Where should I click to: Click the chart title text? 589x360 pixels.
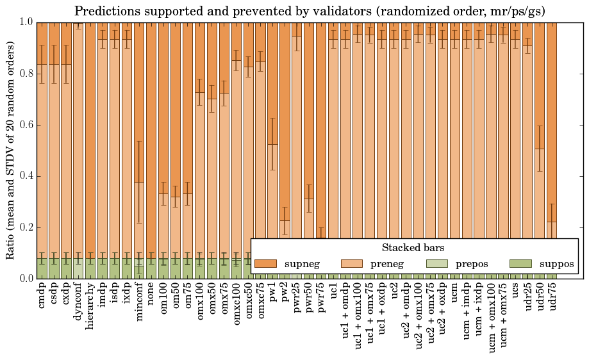tap(310, 11)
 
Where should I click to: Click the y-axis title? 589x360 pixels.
tap(11, 151)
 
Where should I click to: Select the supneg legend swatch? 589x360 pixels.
tap(265, 263)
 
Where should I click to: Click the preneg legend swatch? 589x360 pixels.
tap(351, 263)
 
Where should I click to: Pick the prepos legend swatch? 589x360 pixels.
tap(436, 263)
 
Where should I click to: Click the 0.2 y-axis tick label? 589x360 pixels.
tap(24, 227)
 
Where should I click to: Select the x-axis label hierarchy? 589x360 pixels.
tap(90, 307)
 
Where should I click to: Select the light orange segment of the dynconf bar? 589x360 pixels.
tap(78, 141)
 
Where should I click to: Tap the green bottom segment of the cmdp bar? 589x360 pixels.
tap(42, 268)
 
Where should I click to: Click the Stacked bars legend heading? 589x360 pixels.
tap(413, 247)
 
